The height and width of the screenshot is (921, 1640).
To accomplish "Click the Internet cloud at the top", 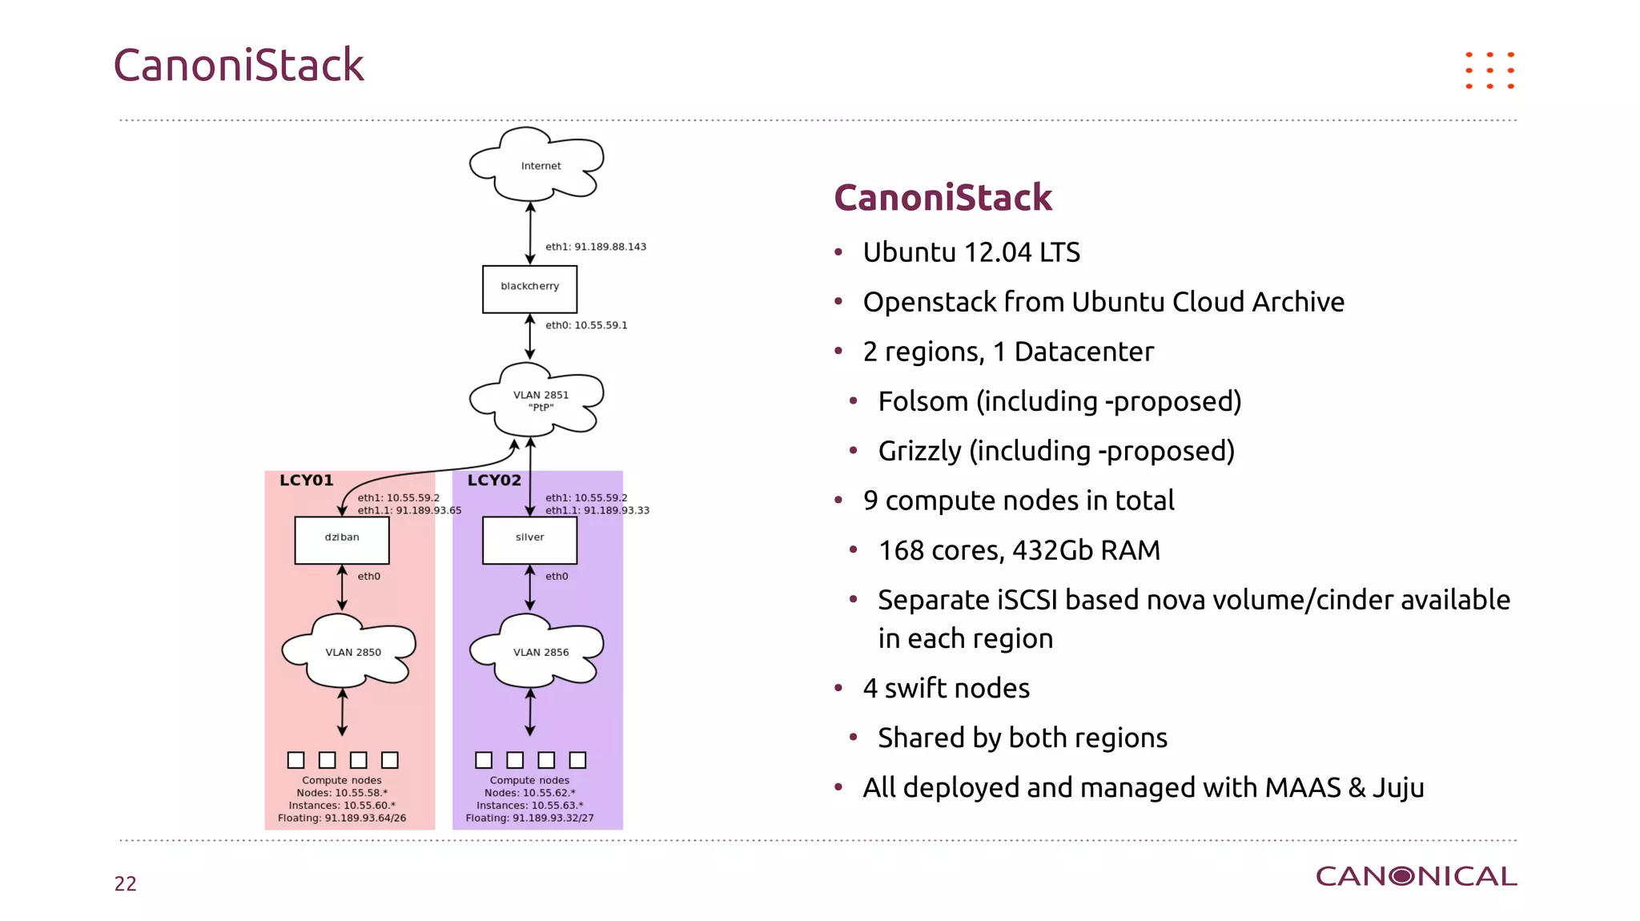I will [537, 165].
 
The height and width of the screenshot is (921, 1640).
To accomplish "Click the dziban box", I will [342, 540].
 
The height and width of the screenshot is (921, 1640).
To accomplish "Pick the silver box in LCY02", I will [529, 540].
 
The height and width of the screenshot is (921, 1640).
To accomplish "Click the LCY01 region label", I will [306, 481].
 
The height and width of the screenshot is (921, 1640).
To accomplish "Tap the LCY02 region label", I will [494, 481].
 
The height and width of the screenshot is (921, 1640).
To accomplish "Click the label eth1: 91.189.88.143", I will [595, 247].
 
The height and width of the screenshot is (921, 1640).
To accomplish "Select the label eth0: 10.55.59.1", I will [586, 325].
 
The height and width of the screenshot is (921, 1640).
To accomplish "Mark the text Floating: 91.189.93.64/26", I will [342, 818].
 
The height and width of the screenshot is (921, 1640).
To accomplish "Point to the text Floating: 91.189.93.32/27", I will [529, 818].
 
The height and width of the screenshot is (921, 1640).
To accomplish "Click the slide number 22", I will [126, 883].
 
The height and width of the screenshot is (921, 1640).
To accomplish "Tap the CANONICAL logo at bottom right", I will [1416, 876].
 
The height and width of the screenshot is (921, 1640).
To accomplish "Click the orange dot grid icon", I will [1489, 70].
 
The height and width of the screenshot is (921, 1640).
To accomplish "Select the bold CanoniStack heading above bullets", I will [943, 198].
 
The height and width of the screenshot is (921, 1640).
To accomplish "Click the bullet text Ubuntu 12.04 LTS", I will [971, 252].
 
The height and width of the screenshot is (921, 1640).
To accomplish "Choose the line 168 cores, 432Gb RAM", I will [1019, 550].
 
